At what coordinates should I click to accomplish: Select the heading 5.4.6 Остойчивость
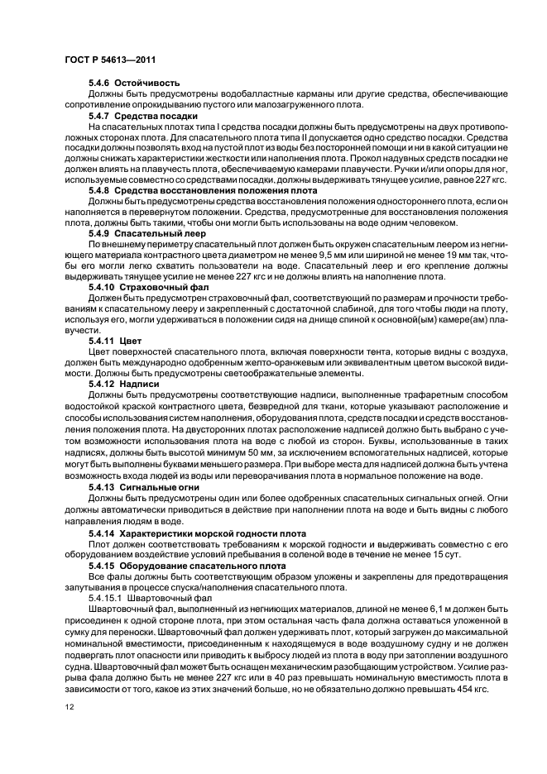pos(134,84)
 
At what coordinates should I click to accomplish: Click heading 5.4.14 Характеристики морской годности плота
pos(197,533)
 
